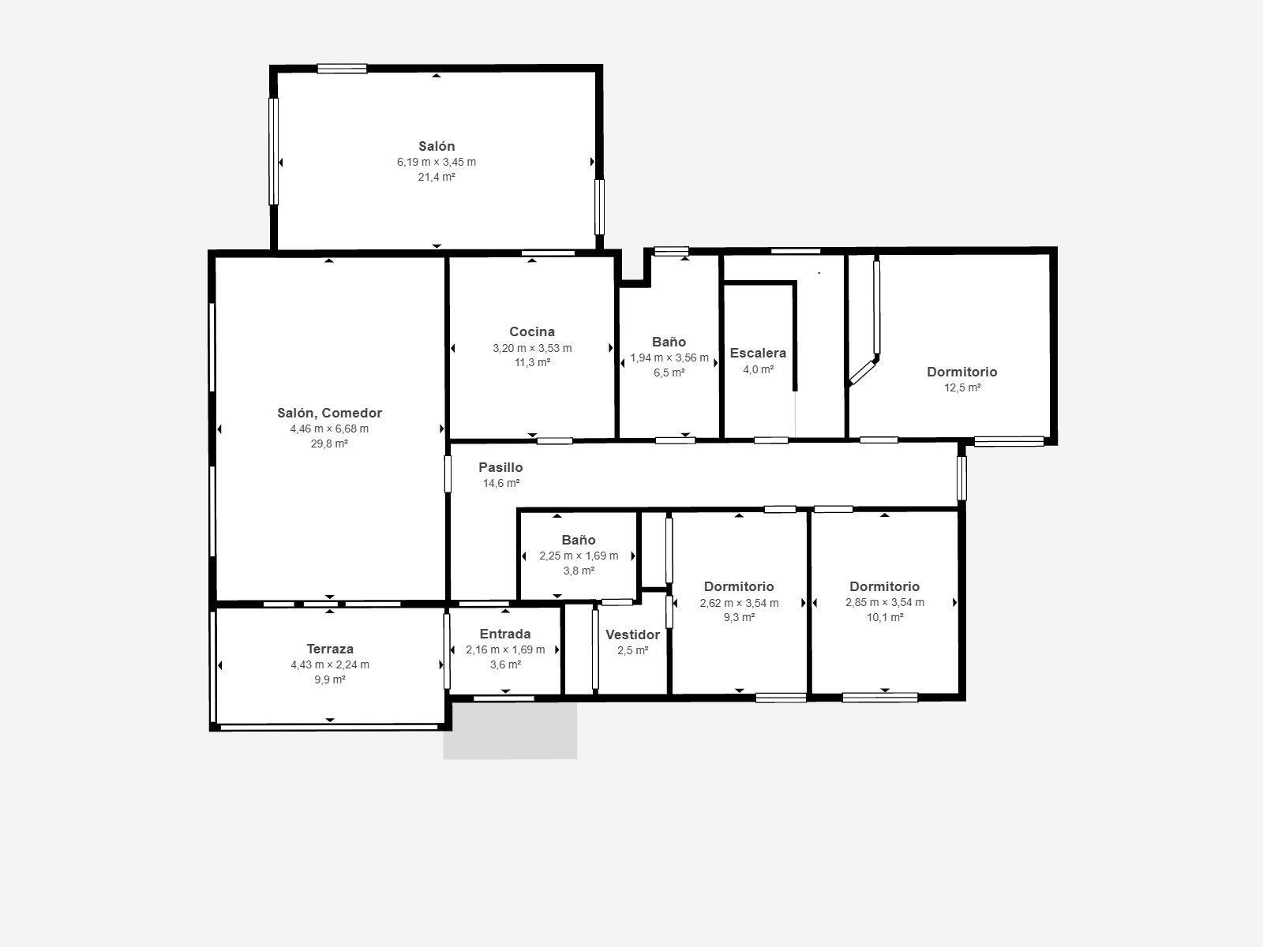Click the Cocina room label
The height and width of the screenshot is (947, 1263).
pos(532,331)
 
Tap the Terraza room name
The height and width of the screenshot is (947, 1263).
pos(330,649)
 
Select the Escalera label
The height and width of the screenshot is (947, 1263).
pos(758,353)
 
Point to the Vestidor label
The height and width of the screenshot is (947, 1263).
pos(632,634)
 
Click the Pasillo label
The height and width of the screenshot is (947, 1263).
pos(500,467)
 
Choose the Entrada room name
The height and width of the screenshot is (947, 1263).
pos(505,634)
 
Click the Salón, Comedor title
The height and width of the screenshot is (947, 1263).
pos(330,413)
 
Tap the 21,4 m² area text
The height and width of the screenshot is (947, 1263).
pos(437,177)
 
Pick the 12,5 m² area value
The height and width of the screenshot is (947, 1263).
pos(962,387)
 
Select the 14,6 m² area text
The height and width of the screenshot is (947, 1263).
pos(500,483)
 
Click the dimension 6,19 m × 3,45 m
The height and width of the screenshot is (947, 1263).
pos(437,162)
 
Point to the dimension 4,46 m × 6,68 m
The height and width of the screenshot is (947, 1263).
pos(329,429)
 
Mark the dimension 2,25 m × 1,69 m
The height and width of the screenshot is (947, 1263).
pos(579,556)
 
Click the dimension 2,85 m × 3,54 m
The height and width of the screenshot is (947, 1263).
pos(884,603)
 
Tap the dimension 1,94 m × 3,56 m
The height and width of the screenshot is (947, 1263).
pos(669,357)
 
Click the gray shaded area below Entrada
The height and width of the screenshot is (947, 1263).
pos(511,730)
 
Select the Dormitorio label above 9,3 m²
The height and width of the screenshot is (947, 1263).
pos(739,586)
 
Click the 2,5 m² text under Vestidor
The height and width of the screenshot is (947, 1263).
pos(632,650)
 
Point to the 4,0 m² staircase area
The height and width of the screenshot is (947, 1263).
pos(758,369)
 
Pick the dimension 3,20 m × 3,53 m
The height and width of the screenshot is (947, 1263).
pos(532,348)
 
